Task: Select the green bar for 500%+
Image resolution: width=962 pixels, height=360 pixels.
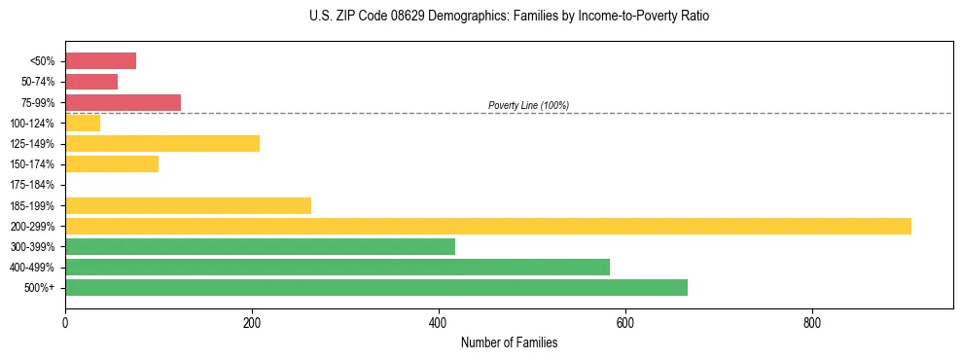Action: tap(376, 288)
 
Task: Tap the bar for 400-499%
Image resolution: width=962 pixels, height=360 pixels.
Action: tap(338, 268)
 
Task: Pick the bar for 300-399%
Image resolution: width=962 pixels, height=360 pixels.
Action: tap(260, 247)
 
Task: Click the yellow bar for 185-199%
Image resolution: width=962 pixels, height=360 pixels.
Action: tap(188, 205)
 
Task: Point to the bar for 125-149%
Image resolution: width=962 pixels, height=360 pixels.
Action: tap(162, 144)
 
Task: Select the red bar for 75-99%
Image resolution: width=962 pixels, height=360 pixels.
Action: tap(123, 103)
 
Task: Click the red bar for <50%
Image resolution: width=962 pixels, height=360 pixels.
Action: tap(100, 61)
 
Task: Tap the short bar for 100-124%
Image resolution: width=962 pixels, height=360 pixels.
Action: tap(83, 124)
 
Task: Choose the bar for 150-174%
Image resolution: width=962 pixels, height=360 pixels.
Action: tap(112, 164)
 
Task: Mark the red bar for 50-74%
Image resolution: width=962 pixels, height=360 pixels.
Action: tap(91, 82)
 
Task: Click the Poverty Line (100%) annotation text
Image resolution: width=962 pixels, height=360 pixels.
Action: tap(528, 105)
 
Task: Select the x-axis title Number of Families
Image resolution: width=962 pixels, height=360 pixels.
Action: tap(509, 342)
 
